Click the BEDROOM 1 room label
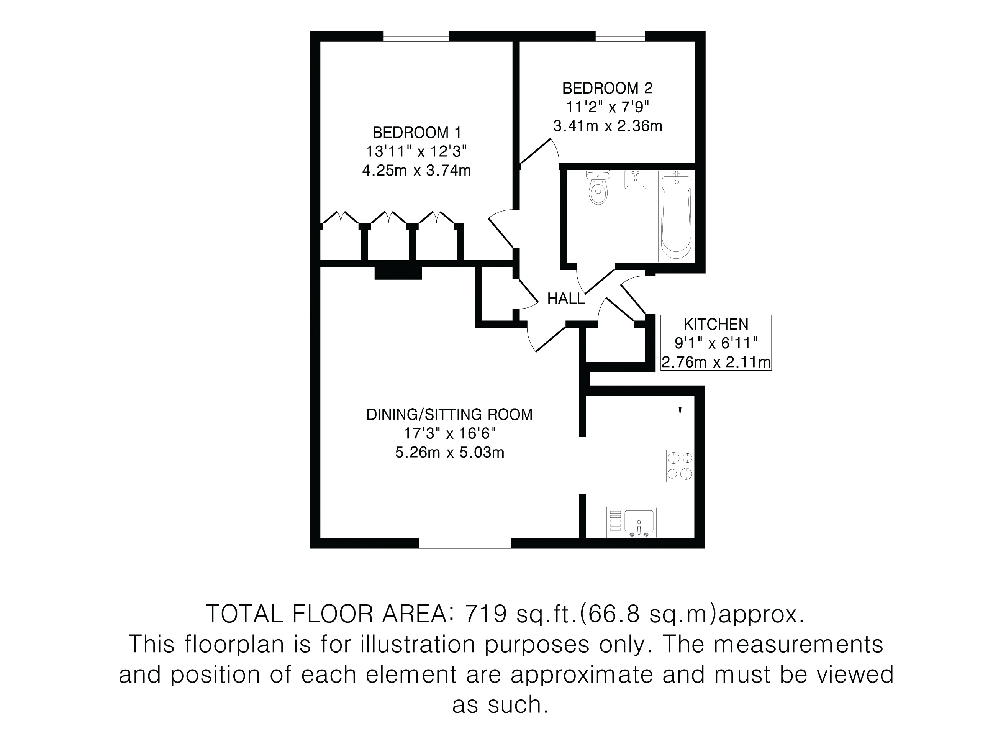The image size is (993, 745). click(x=416, y=133)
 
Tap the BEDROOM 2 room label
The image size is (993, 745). click(x=607, y=88)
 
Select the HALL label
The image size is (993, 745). click(x=566, y=299)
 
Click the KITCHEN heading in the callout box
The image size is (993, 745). click(x=716, y=324)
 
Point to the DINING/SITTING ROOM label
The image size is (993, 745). click(x=449, y=414)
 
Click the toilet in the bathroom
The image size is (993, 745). click(x=598, y=188)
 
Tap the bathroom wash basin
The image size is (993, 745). click(x=635, y=180)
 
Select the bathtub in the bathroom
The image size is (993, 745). click(x=676, y=216)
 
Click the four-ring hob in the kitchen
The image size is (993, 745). click(x=679, y=466)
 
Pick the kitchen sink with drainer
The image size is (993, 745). click(x=631, y=523)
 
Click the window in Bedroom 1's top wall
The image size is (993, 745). click(x=416, y=36)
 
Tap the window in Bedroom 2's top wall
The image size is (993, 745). click(x=620, y=36)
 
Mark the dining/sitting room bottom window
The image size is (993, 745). click(x=465, y=543)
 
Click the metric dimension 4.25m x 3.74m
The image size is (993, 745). click(x=416, y=171)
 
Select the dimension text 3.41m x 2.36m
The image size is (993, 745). click(x=607, y=126)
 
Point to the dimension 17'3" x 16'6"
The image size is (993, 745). click(x=449, y=433)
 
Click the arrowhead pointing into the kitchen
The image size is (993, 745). click(x=680, y=410)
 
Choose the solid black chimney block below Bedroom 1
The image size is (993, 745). click(x=398, y=273)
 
